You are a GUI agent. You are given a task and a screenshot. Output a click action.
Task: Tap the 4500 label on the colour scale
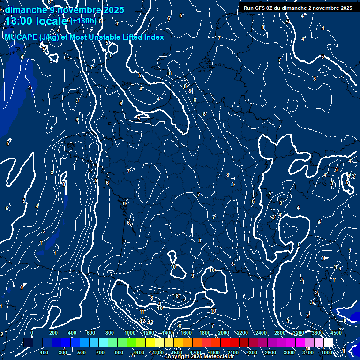click(336, 333)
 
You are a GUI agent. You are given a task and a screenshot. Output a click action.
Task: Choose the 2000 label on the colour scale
click(224, 333)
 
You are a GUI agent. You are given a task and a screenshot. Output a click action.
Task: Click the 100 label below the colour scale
click(45, 352)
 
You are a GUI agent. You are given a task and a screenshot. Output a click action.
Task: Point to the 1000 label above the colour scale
click(129, 333)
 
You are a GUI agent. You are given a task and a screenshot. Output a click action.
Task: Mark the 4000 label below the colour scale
click(327, 352)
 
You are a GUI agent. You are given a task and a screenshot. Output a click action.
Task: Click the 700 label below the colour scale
click(100, 352)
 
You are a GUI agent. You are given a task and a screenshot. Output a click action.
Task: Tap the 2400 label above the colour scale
click(261, 333)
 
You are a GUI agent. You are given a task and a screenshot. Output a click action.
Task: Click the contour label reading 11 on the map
click(142, 312)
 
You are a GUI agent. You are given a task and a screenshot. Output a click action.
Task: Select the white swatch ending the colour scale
click(328, 343)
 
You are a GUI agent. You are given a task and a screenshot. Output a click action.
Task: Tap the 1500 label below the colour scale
click(176, 352)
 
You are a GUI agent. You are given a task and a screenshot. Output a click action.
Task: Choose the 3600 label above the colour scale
click(317, 333)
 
